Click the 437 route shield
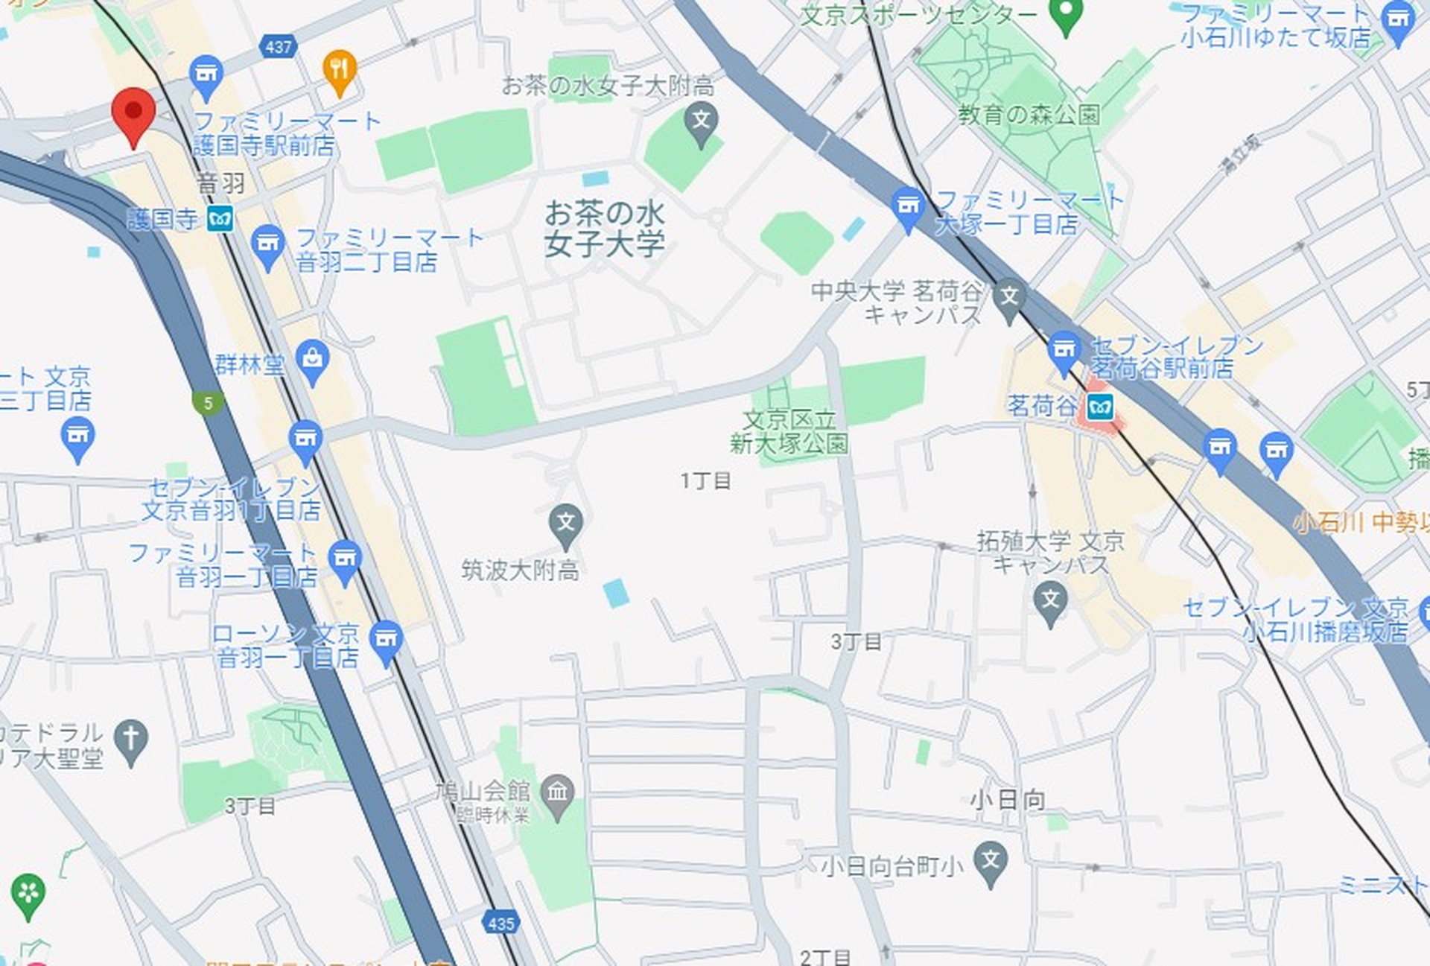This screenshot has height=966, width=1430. point(279,47)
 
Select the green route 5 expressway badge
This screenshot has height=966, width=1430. point(208,403)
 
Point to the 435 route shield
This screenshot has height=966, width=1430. point(500,924)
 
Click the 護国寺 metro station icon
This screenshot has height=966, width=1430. point(220,219)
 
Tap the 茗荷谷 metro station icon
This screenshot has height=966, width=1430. point(1099,407)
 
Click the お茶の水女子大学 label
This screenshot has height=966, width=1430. point(604,228)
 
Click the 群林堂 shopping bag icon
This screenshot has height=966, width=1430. point(313,360)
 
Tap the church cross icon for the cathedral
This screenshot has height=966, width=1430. point(131,740)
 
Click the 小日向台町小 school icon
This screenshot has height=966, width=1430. point(991,861)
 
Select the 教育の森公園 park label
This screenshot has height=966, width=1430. point(1029,115)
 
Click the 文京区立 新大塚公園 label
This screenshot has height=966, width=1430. point(789,431)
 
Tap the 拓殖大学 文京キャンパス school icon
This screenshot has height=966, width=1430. point(1050,600)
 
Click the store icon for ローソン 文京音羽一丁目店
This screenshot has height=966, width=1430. point(386,640)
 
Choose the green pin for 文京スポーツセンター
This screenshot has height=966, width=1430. point(1066,14)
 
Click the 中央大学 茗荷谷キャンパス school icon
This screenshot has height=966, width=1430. point(1009,297)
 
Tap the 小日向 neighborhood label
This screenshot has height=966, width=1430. point(1007,800)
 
